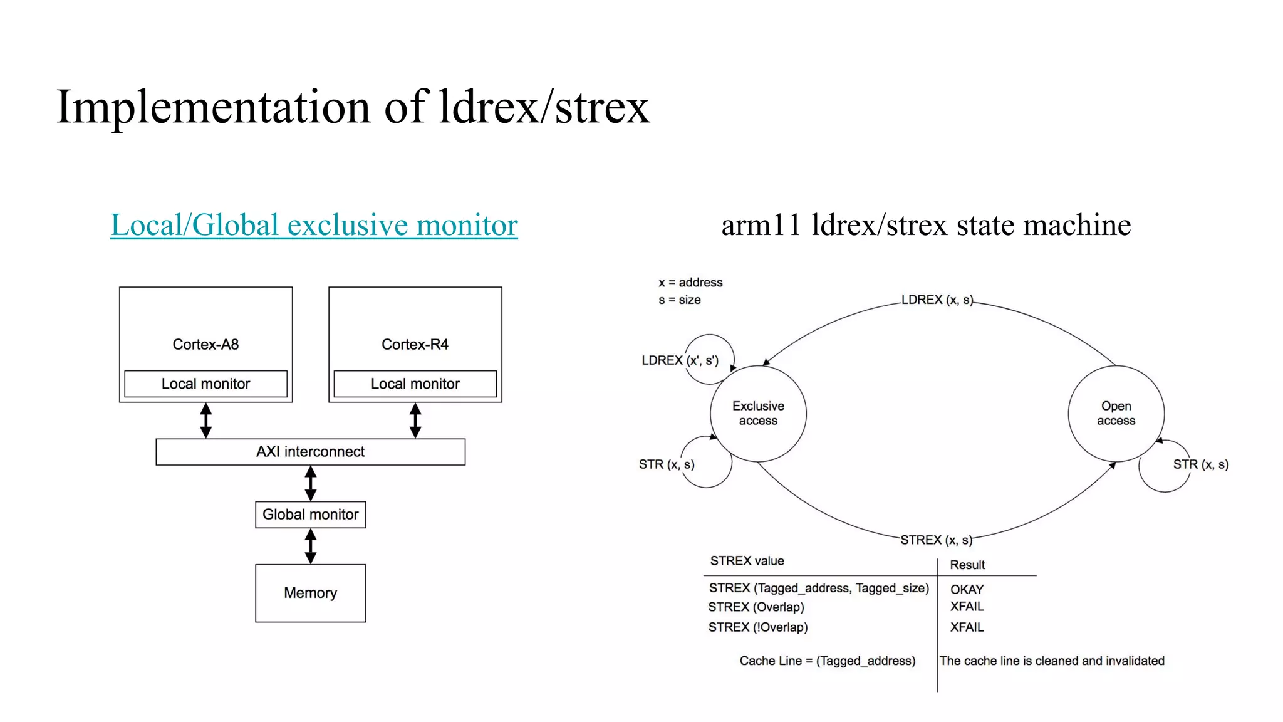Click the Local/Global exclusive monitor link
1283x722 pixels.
point(314,225)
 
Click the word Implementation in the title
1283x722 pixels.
point(213,107)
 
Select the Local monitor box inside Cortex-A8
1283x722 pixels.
point(205,384)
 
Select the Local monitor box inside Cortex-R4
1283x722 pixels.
point(415,384)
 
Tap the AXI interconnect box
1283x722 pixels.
point(310,452)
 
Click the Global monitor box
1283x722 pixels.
point(310,515)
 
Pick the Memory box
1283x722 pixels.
point(310,593)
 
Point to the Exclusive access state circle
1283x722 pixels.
point(758,414)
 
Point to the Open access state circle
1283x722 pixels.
point(1116,414)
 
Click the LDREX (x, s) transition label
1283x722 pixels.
point(937,300)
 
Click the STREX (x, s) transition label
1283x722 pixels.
point(936,540)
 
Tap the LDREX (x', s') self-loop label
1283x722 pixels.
point(680,360)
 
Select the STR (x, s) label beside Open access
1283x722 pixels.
point(1200,464)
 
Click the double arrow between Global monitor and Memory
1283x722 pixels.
point(310,546)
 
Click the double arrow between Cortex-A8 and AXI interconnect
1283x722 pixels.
point(205,421)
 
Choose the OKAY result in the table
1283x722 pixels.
point(967,589)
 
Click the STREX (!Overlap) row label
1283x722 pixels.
point(758,627)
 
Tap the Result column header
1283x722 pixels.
point(967,565)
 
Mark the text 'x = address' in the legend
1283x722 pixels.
point(690,283)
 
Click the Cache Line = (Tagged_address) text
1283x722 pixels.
point(827,661)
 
